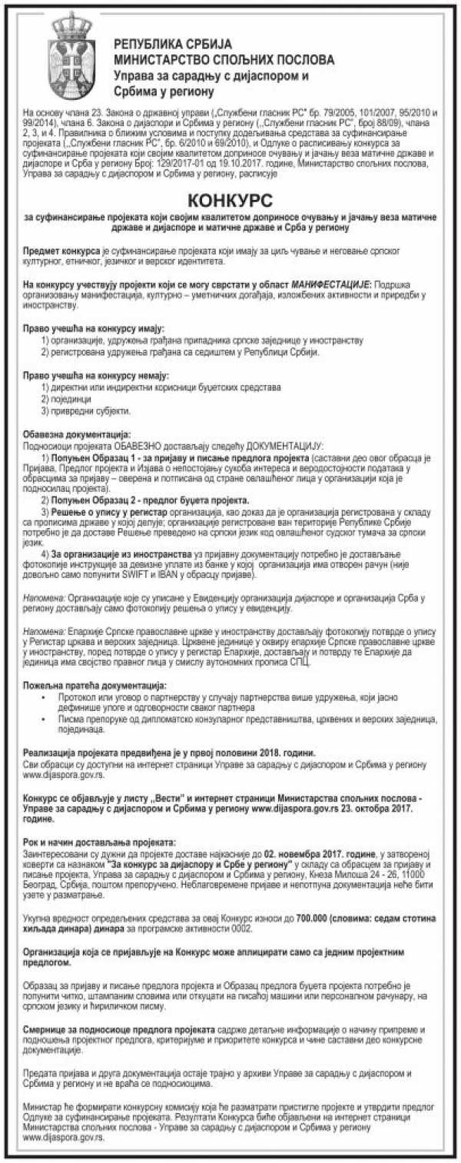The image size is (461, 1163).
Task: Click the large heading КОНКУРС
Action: tap(230, 201)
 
